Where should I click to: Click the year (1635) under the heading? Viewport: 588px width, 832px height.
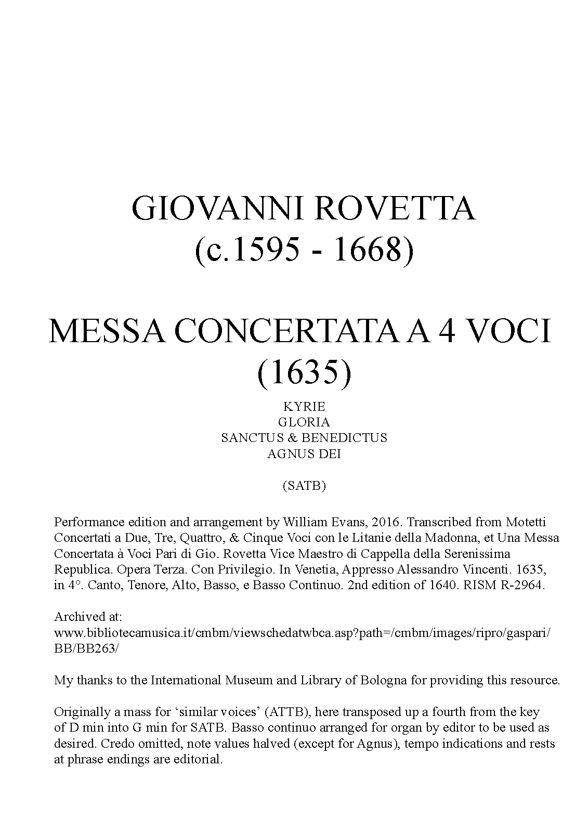(304, 372)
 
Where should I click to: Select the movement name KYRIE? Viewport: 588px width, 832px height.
(304, 406)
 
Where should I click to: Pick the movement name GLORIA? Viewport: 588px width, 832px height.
(304, 422)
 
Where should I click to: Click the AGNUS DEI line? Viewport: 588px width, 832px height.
(304, 453)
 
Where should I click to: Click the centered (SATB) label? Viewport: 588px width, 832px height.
(304, 486)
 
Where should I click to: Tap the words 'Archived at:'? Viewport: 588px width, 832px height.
(88, 617)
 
